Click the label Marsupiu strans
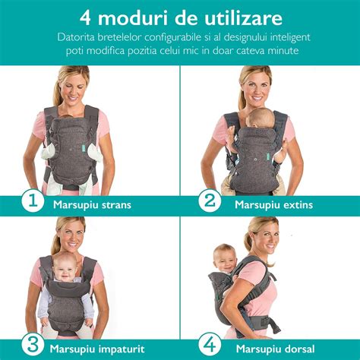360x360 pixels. point(91,204)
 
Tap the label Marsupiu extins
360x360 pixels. point(273,204)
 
